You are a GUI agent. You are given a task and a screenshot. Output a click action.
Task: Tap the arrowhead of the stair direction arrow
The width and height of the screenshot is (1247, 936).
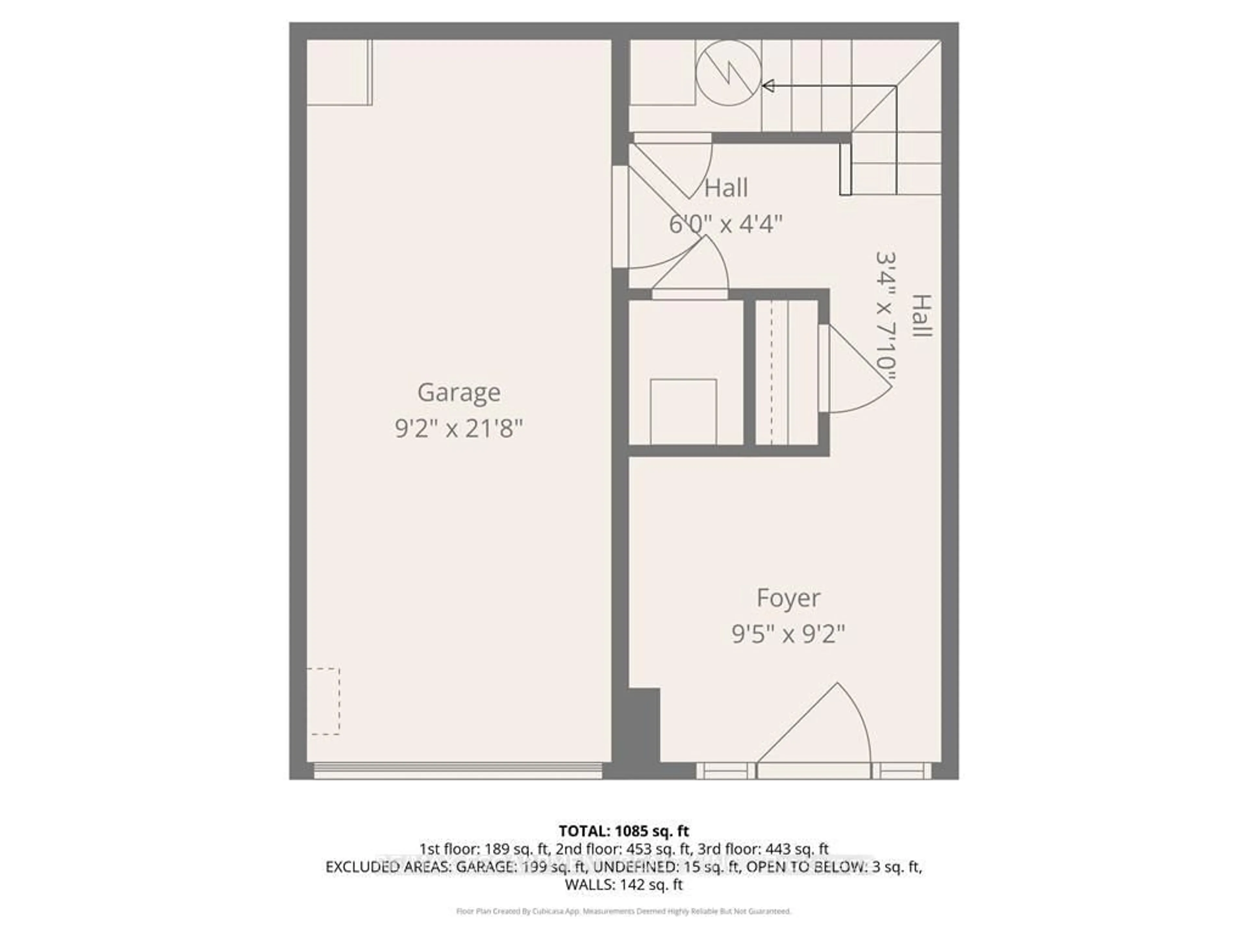(x=768, y=86)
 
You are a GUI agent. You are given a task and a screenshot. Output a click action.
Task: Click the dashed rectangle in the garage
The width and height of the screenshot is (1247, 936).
(x=323, y=701)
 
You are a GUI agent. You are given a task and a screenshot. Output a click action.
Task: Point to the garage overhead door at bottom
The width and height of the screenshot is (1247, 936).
(x=458, y=770)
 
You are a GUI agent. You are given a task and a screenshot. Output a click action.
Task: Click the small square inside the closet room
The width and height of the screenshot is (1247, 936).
(x=683, y=411)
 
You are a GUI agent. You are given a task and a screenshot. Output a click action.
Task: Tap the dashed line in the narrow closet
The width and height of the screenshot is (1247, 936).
(x=771, y=372)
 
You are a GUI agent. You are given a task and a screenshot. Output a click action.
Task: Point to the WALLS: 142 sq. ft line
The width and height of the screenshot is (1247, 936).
(x=623, y=885)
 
